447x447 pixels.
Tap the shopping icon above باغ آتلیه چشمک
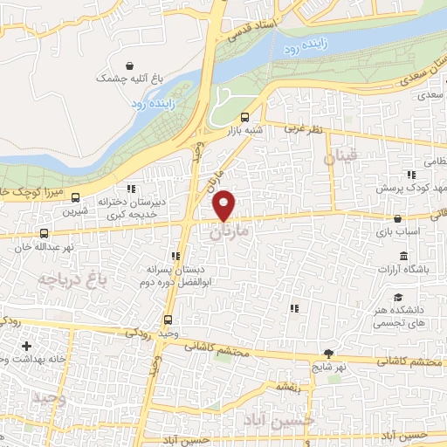tap(130, 65)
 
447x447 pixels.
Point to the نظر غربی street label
tap(303, 129)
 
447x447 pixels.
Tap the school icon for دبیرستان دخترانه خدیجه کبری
tap(131, 188)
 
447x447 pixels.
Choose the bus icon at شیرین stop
tap(76, 196)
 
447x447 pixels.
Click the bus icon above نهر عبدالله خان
tap(45, 233)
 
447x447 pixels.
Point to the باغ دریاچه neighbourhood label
tap(65, 279)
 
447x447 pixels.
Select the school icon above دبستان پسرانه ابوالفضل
tap(175, 257)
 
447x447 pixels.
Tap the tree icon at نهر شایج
tap(328, 354)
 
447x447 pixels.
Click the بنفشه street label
tap(288, 385)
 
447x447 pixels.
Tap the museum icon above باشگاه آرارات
tap(402, 256)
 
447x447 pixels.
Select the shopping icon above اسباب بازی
tap(398, 218)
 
